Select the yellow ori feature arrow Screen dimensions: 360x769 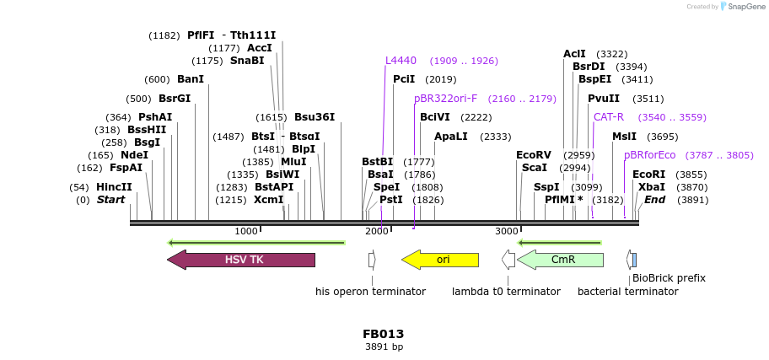click(x=440, y=260)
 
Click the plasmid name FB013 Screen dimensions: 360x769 click(x=384, y=333)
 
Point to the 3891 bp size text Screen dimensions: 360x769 click(x=384, y=347)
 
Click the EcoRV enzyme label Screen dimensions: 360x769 click(x=533, y=155)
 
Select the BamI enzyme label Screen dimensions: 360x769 click(x=191, y=79)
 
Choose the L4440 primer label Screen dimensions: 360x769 click(x=401, y=61)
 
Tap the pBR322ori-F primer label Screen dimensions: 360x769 click(x=445, y=99)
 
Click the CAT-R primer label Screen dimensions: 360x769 click(x=609, y=117)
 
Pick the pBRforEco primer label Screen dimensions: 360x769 click(x=649, y=155)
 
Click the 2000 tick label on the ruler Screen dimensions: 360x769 click(x=376, y=231)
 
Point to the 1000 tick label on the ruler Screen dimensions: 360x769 click(x=246, y=231)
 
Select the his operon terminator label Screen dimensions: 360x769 click(x=370, y=292)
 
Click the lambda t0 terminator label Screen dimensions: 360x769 click(x=506, y=292)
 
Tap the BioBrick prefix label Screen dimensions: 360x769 click(x=669, y=277)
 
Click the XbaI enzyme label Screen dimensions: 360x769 click(x=651, y=187)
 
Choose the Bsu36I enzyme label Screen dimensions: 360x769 click(x=315, y=117)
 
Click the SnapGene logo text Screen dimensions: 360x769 click(x=742, y=7)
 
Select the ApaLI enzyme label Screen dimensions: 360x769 click(x=450, y=137)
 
